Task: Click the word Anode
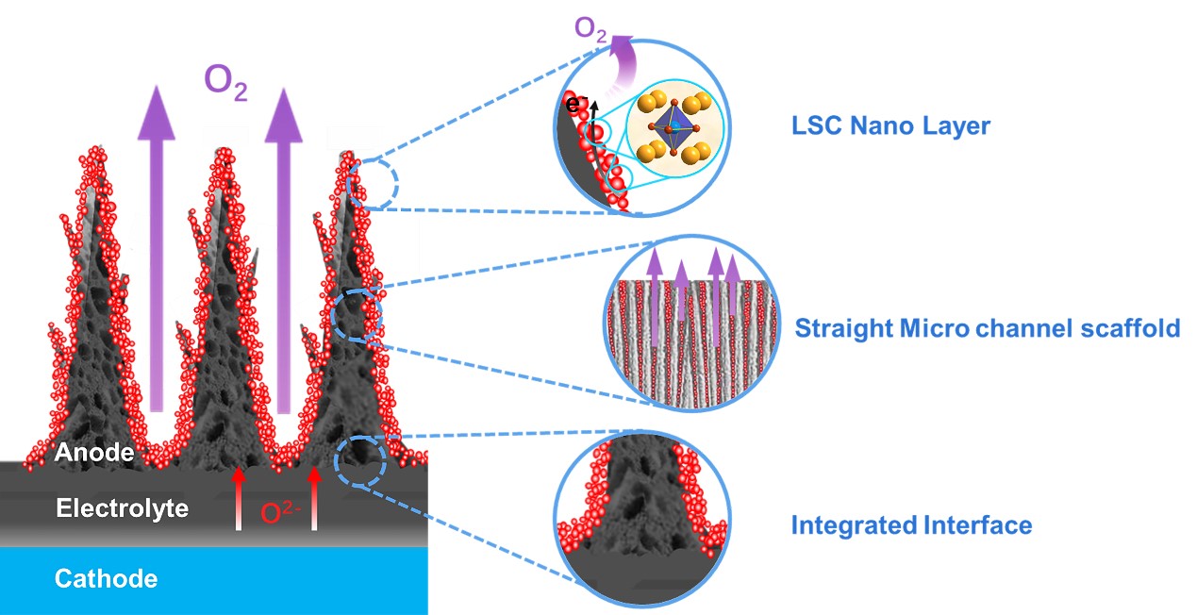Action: point(94,453)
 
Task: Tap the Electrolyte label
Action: point(122,509)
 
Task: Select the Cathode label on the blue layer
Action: point(106,578)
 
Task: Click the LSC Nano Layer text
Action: point(890,125)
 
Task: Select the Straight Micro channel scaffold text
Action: point(987,328)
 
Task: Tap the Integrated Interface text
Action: point(911,524)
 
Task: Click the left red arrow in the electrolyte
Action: point(239,498)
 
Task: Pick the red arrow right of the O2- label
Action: point(315,498)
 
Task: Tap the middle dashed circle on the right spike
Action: point(357,316)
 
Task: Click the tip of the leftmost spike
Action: point(92,153)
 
